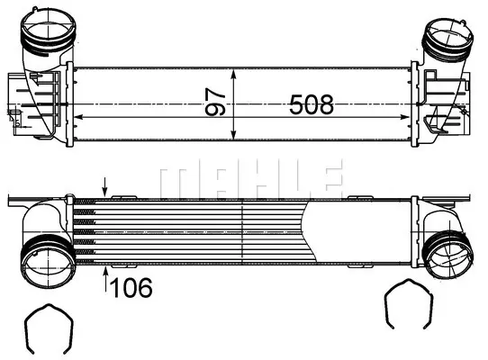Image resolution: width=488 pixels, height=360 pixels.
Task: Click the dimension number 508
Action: click(x=312, y=104)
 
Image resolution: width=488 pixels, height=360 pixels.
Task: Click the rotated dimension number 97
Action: click(x=215, y=102)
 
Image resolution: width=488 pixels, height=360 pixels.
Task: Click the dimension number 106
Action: click(x=131, y=288)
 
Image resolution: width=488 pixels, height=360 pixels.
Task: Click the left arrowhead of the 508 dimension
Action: click(x=78, y=117)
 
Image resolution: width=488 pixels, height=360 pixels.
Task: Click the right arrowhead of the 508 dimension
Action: click(x=404, y=117)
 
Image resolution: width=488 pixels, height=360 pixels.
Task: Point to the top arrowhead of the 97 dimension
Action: click(x=234, y=74)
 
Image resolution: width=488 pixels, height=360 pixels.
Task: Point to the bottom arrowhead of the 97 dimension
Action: click(x=234, y=135)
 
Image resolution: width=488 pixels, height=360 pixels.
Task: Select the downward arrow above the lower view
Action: click(x=105, y=187)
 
